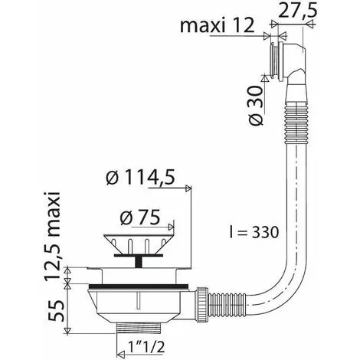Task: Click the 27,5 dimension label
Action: tap(297, 11)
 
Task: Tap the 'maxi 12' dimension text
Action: tap(218, 25)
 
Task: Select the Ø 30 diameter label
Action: tap(256, 106)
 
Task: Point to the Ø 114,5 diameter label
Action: tap(141, 178)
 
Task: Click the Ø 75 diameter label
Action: tap(140, 218)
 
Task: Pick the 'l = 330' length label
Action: tap(254, 232)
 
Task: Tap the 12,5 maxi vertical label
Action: tap(53, 236)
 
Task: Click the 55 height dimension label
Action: tap(56, 311)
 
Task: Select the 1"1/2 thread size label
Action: tap(146, 347)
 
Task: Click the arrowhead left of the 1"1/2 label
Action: tap(120, 355)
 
